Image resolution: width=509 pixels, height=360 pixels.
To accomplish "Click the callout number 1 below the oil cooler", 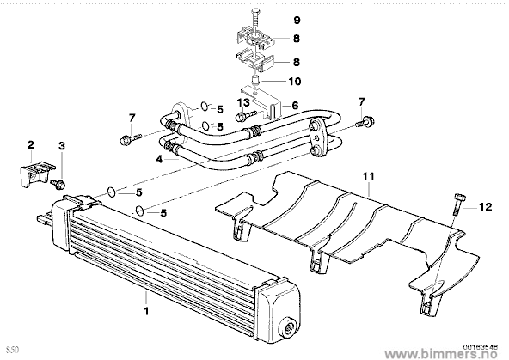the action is (146, 311).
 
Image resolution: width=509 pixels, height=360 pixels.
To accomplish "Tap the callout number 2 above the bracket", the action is (30, 144).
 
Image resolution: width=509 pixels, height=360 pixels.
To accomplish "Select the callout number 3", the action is (61, 146).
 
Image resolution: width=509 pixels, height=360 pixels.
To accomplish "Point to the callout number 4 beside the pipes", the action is (159, 159).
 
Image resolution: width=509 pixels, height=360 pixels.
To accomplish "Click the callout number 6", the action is (295, 105).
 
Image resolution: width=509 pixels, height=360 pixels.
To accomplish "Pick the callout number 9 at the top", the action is (297, 21).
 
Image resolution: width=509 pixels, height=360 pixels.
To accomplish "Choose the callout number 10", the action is (295, 81).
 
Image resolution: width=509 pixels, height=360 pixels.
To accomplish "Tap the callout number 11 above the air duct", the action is (369, 177).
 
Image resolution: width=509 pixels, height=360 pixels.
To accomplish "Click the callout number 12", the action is (485, 206).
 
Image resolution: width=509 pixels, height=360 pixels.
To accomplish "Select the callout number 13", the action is (243, 103).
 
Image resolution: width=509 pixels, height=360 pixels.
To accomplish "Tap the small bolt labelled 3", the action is (58, 184).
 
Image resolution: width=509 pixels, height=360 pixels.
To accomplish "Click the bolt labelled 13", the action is (247, 115).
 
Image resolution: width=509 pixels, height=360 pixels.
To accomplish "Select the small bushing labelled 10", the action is (256, 80).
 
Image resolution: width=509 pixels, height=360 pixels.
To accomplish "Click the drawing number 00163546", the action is (482, 347).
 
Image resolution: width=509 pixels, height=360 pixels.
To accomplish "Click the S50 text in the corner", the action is (14, 350).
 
